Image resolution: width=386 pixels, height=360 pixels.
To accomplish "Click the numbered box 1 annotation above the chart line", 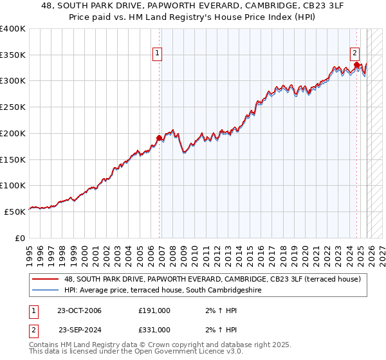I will pos(157,54).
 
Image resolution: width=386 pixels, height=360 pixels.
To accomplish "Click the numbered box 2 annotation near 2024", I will pos(354,54).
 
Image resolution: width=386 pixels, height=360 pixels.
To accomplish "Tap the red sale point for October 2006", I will pos(159,138).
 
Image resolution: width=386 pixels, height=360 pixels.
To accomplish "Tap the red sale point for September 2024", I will pos(356,64).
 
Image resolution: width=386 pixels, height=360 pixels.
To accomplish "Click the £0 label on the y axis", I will pos(19,238).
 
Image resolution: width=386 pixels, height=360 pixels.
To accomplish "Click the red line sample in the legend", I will pos(46,279).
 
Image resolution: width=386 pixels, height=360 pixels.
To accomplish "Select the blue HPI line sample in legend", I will pos(46,290).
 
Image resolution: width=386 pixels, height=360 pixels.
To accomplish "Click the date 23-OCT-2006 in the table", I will pos(78,310).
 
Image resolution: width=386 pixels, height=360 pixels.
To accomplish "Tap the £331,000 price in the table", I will pos(154,329).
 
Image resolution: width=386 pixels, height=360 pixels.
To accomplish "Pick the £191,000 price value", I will pos(154,310).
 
